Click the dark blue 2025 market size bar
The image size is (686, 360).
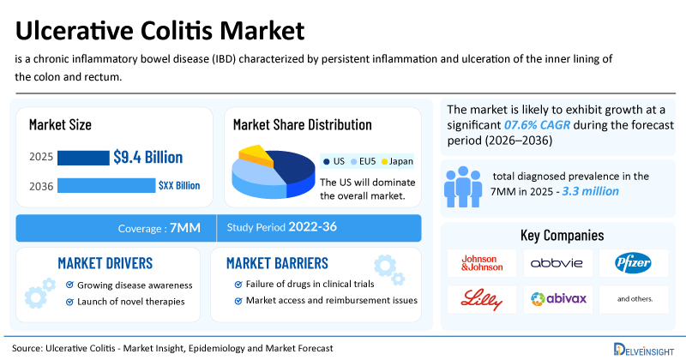[83, 158]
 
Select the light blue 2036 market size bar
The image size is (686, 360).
[106, 185]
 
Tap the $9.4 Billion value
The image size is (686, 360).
[147, 157]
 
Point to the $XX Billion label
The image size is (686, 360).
[179, 185]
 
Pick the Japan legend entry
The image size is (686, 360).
[397, 161]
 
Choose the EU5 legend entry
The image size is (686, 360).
[364, 161]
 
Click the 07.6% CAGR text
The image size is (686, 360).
[537, 125]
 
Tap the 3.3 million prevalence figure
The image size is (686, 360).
[590, 191]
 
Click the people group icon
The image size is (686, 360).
[463, 187]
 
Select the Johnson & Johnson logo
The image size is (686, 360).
[482, 263]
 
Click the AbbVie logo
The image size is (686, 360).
[557, 263]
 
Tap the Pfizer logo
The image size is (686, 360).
[633, 263]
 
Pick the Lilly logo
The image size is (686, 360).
[481, 300]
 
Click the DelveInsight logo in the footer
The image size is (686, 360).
[644, 350]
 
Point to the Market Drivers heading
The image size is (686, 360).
[105, 263]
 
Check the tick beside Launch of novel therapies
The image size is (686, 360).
[69, 302]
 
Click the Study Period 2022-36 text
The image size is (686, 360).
[282, 227]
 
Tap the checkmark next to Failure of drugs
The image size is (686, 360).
[238, 285]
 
